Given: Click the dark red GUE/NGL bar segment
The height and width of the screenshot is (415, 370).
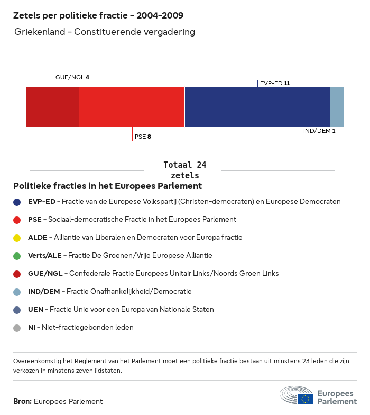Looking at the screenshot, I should click(52, 107).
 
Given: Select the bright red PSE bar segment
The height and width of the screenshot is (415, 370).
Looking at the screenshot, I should click(132, 107).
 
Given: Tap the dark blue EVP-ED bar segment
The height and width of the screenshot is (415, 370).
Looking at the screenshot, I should click(257, 107).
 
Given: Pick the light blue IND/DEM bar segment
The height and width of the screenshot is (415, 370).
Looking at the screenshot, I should click(337, 107).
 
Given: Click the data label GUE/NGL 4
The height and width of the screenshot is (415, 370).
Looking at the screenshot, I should click(72, 77).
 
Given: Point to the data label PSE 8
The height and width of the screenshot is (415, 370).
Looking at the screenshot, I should click(143, 137).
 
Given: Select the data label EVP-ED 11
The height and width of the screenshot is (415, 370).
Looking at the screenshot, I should click(275, 83).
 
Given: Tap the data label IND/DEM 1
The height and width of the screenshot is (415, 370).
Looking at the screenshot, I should click(319, 131).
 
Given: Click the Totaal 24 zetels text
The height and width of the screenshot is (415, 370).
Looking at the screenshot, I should click(185, 170).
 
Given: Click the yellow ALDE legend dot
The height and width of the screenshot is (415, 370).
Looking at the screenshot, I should click(17, 238).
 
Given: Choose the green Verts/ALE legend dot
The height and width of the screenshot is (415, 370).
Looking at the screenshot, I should click(17, 256).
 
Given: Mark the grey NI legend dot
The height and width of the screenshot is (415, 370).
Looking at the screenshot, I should click(17, 328).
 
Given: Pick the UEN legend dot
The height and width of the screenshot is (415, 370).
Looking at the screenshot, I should click(17, 310).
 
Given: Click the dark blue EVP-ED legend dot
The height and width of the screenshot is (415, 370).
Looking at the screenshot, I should click(17, 202).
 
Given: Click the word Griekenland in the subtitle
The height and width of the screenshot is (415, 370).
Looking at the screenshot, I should click(40, 32).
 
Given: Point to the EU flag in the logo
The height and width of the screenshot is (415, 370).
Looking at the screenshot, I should click(305, 399).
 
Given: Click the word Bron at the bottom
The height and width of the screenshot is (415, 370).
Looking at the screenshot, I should click(22, 401).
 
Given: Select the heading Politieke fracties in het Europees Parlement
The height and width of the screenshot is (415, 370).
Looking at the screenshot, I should click(107, 186).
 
